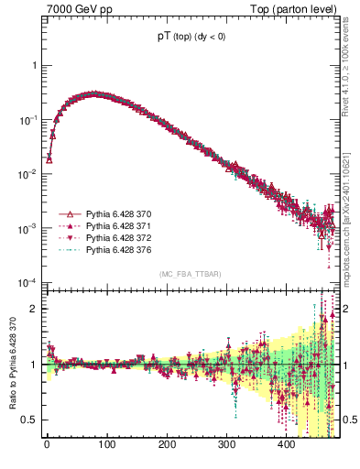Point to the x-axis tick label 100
point(106,444)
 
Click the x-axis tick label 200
point(167,444)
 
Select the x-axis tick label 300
point(226,444)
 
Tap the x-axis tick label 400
point(286,444)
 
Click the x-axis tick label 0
point(47,444)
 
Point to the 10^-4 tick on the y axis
point(28,281)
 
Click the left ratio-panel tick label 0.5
point(29,420)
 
